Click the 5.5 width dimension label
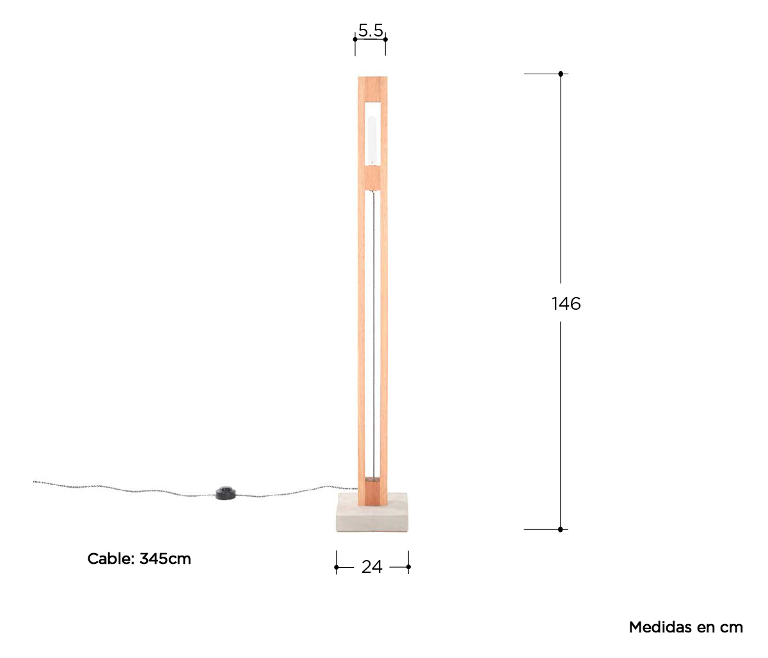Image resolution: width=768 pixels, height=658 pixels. [371, 30]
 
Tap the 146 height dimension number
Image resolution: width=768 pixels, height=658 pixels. [566, 303]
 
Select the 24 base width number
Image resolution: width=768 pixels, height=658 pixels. [372, 567]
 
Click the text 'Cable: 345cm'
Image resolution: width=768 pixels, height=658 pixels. [139, 559]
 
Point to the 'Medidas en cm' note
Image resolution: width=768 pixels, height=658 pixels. [686, 627]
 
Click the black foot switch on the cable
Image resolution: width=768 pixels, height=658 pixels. [225, 493]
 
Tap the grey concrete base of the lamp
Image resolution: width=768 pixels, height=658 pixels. [372, 513]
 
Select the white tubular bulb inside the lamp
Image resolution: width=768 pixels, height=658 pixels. [372, 140]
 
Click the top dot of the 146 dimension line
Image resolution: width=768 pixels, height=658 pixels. [561, 74]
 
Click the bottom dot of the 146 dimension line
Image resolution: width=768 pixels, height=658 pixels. [560, 529]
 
